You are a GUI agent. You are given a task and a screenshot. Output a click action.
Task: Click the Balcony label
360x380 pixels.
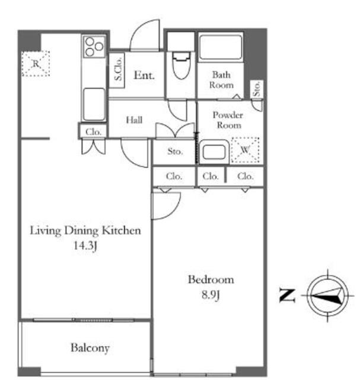click(90, 348)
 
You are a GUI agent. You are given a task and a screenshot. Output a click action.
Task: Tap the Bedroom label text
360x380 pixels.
click(211, 280)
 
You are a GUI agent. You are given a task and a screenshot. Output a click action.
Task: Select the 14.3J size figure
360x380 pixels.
click(85, 246)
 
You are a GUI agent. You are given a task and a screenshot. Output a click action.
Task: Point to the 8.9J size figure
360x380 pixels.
click(211, 295)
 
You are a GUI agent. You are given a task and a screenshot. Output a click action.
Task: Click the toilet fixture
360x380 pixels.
click(181, 65)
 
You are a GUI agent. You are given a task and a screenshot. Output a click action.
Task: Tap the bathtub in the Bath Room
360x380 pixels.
click(220, 47)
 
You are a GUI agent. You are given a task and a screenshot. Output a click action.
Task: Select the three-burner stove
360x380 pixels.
click(94, 47)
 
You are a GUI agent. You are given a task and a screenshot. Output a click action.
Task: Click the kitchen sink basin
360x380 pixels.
click(94, 104)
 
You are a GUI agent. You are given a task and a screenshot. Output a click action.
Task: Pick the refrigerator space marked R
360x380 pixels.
click(36, 64)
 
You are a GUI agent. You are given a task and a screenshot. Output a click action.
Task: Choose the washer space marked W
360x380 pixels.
click(246, 150)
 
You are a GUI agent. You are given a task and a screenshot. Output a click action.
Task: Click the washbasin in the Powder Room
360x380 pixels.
click(215, 153)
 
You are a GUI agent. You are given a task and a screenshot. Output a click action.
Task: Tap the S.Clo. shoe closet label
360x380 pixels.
click(118, 69)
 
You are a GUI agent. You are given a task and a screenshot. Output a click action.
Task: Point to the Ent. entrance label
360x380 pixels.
click(144, 75)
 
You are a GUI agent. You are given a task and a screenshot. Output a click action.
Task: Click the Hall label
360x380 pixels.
click(135, 120)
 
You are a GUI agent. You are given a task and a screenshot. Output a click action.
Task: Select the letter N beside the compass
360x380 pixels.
click(288, 296)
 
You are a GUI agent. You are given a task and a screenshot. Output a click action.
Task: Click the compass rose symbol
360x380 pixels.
click(327, 296)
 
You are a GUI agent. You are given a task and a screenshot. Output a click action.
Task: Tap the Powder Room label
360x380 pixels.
click(228, 120)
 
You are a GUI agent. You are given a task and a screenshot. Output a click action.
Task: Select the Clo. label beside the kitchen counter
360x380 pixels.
click(93, 132)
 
